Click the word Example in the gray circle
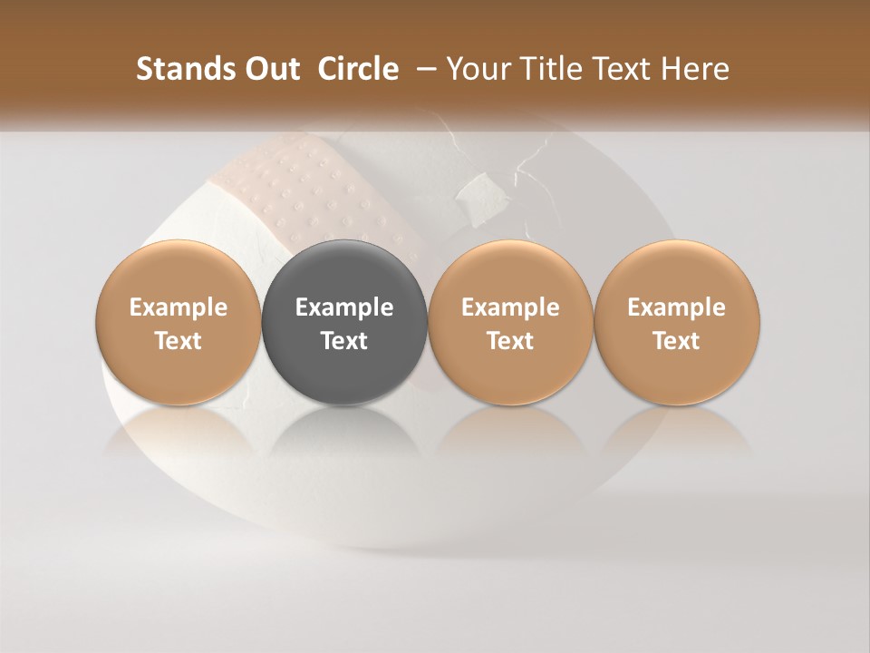344,308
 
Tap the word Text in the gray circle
344,341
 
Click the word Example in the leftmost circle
179,308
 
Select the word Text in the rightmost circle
677,341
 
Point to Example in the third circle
510,308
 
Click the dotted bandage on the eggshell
308,190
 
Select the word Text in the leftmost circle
179,341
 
